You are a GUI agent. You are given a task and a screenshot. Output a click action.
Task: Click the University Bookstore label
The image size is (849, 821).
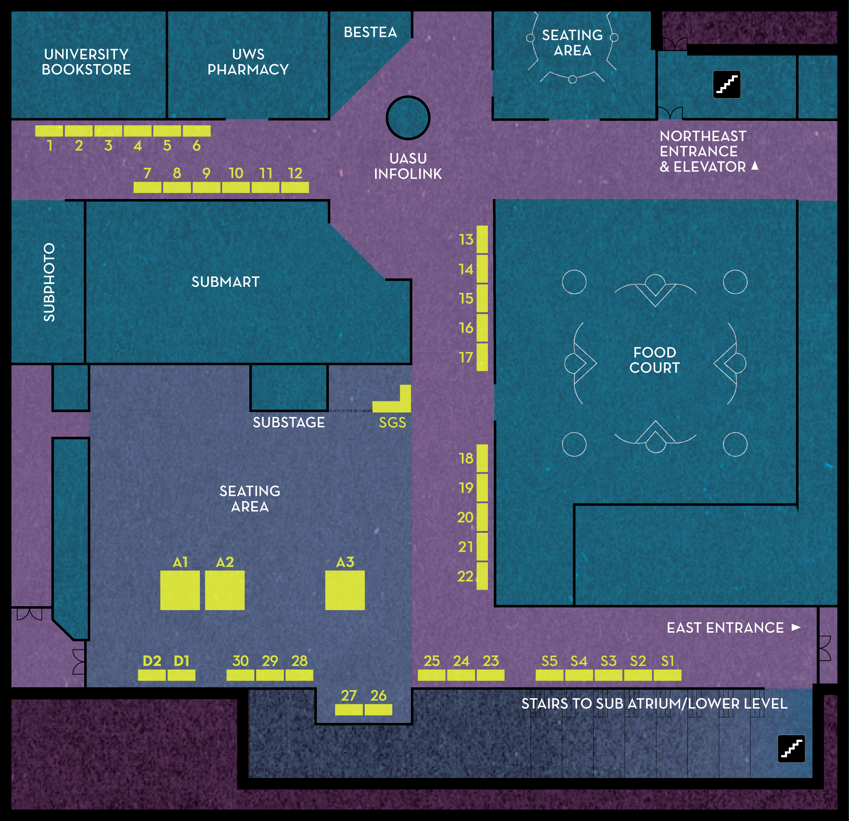86,62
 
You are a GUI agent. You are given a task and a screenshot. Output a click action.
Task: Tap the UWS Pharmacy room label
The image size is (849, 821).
248,62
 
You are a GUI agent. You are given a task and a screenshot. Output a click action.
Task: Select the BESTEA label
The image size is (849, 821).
370,32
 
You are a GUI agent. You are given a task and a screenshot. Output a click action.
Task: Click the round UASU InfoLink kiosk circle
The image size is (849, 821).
408,118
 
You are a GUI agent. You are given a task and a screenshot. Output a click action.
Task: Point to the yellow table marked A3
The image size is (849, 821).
345,590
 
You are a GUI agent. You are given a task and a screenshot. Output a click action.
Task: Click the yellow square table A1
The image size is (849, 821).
180,590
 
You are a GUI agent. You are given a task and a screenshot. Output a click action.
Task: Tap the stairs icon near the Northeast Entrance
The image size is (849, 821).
727,84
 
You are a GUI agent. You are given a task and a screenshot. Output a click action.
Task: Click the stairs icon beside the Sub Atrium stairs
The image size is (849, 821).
791,749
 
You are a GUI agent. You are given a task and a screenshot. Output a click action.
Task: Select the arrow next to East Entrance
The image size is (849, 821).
796,627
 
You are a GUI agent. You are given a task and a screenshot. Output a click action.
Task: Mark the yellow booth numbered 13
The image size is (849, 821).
482,240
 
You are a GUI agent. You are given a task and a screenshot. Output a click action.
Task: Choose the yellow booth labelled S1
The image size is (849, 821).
667,675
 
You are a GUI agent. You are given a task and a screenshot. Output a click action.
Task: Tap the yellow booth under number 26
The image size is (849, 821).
378,710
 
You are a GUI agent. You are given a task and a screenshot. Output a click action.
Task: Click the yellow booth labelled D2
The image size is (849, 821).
152,675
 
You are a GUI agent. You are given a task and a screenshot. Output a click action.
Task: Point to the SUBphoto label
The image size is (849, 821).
49,282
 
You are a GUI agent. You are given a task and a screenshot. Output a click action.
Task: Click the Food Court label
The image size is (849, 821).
654,360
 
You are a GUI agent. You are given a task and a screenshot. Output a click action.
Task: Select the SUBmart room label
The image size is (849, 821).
226,282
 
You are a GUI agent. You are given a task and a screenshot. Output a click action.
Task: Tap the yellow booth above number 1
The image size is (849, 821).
49,131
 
